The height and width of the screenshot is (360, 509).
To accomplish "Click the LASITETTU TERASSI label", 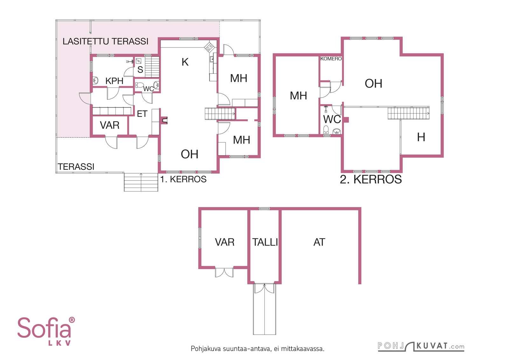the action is coord(105,41).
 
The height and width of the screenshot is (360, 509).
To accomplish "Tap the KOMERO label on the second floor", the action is coord(331,59).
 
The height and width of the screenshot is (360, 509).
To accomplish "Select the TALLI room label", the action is coord(265,242).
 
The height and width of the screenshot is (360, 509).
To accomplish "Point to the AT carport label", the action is coord(319,242).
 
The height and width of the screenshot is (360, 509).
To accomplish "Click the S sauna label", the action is coord(140,70).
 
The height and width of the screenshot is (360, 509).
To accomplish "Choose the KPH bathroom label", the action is coord(114,81).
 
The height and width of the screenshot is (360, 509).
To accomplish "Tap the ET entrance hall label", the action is coord(142,114).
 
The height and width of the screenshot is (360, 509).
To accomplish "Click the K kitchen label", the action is coord(185,62).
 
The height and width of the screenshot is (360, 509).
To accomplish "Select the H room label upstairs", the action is coord(421,137).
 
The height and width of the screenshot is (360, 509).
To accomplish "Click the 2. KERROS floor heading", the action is coord(371,179).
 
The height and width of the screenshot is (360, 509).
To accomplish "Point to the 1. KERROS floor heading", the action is coord(183,179).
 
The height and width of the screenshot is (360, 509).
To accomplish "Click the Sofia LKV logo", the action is coord(46,331).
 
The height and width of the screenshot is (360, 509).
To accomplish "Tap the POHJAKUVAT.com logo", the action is coord(421,346).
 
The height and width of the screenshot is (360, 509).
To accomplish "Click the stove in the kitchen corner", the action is coord(209,47).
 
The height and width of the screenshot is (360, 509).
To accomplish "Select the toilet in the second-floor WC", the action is coord(326,129).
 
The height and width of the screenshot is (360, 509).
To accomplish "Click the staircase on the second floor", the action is coord(408,113).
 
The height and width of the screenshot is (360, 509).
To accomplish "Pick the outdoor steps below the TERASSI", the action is coord(141,182).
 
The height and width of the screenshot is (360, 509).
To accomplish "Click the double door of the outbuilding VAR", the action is coord(224,272).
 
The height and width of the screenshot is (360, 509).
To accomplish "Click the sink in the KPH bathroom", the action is coord(96,80).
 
